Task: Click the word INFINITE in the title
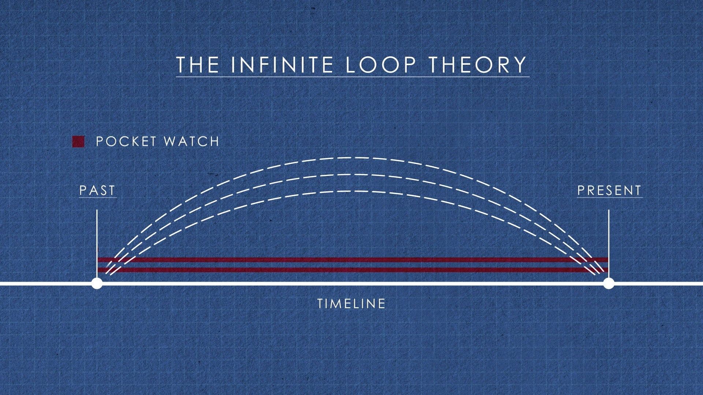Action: coord(282,64)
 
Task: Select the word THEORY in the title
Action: coord(478,64)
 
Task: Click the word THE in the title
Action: coord(197,64)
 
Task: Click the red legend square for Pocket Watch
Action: coord(78,142)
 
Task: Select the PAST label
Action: coord(97,191)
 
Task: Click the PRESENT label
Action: coord(609,191)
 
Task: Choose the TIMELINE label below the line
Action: coord(351,304)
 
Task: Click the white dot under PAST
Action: coord(97,283)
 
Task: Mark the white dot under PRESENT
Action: coord(609,283)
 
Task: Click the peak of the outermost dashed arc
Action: coord(351,158)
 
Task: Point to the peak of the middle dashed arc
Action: coord(351,174)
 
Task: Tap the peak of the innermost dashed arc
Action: coord(351,191)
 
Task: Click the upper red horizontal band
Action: coord(353,260)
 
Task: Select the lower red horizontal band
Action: coord(353,270)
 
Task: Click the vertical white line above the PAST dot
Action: coord(97,244)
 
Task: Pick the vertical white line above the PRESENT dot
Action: coord(609,244)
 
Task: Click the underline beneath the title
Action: coord(353,77)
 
